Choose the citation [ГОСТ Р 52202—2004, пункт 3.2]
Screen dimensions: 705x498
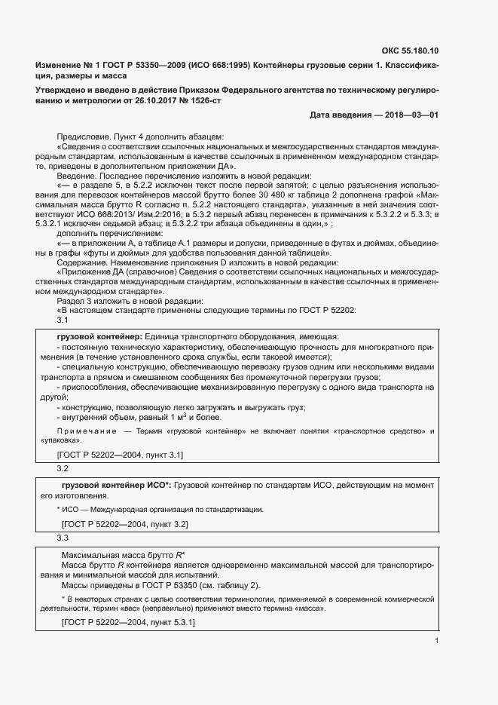coord(124,523)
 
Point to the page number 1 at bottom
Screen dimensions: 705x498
coord(436,641)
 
